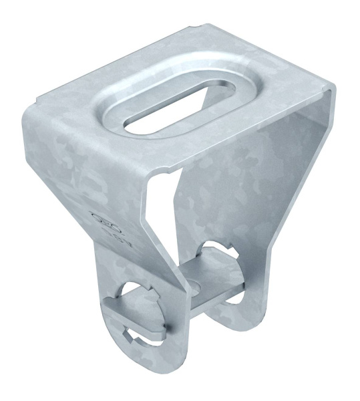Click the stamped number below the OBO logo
(110, 234)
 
